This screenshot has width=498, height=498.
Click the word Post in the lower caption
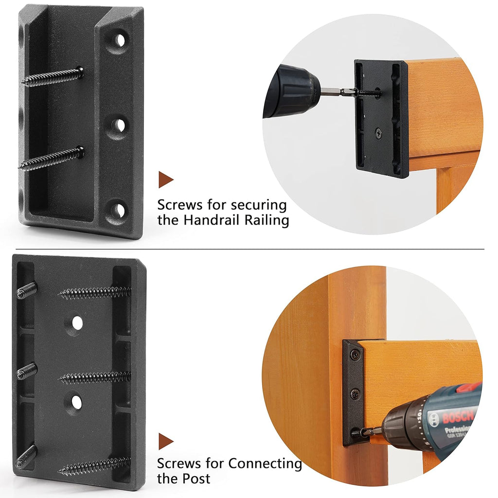[196, 479]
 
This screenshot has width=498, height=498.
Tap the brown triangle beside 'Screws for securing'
[166, 179]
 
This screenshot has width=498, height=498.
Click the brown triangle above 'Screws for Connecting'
[166, 441]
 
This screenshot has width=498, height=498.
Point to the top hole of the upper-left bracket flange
[120, 40]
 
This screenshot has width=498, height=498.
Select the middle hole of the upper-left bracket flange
[119, 126]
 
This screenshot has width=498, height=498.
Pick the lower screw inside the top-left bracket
[52, 159]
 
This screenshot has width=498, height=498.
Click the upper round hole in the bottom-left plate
[77, 323]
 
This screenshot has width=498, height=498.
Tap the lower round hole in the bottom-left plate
[76, 402]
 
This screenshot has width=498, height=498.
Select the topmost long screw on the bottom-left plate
[95, 293]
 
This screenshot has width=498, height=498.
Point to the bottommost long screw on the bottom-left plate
[95, 465]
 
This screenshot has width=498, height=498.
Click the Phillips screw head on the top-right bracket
[378, 133]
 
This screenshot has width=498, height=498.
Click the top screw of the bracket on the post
[355, 355]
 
